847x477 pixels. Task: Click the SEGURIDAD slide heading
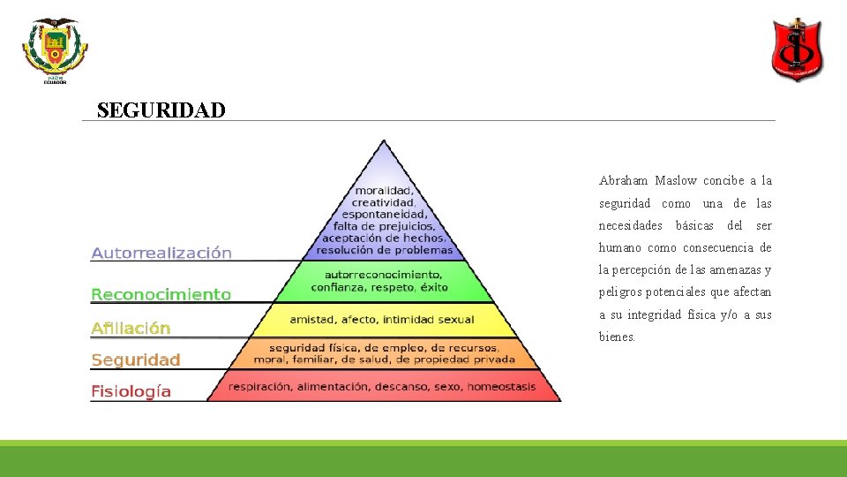tap(161, 110)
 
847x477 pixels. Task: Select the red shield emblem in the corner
tap(798, 50)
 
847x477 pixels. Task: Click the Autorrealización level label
tap(161, 253)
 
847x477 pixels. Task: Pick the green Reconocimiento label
tap(161, 294)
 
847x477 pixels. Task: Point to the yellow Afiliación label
tap(131, 328)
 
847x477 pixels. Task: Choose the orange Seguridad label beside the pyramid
tap(136, 360)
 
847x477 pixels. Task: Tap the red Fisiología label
tap(131, 390)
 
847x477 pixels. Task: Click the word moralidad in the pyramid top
tap(384, 191)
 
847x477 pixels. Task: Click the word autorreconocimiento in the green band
tap(382, 275)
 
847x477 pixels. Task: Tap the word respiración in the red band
tap(260, 387)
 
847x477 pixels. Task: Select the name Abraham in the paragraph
tap(623, 181)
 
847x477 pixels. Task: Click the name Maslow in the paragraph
tap(676, 181)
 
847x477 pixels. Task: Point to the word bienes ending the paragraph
tap(617, 337)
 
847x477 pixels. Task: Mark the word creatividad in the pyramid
tap(384, 202)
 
